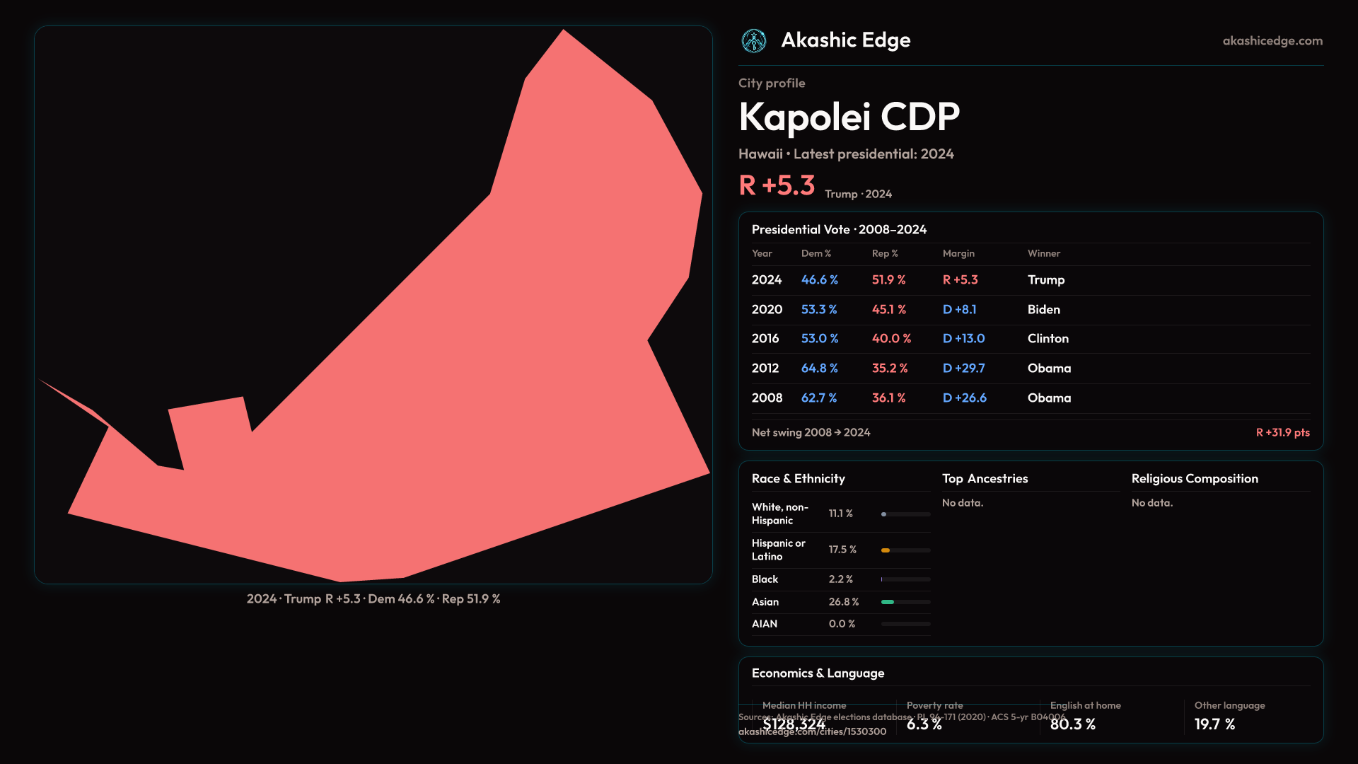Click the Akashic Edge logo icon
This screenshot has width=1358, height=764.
point(754,41)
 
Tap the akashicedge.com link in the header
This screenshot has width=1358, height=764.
point(1272,41)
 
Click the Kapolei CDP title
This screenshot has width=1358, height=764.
point(849,117)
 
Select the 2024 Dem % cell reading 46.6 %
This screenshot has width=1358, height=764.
point(819,280)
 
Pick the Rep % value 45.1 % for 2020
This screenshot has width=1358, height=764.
point(888,310)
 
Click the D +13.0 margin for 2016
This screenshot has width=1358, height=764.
point(963,339)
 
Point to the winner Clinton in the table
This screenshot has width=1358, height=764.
point(1047,339)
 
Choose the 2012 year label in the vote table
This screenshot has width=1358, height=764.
point(765,369)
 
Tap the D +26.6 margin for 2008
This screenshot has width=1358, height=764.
point(964,398)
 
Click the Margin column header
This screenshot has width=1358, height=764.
point(958,253)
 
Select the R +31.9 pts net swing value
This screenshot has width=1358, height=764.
point(1282,432)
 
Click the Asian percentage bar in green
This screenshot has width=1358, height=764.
point(888,602)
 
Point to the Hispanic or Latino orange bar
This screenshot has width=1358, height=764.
point(886,550)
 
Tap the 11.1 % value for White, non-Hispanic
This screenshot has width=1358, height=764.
point(840,514)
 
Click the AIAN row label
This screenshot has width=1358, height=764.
point(765,624)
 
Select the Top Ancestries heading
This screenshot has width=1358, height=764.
point(985,479)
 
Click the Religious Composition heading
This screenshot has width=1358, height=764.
point(1195,479)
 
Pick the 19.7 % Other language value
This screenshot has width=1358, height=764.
point(1214,724)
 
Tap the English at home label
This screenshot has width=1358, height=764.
point(1085,705)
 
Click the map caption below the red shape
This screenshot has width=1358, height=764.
point(373,599)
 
